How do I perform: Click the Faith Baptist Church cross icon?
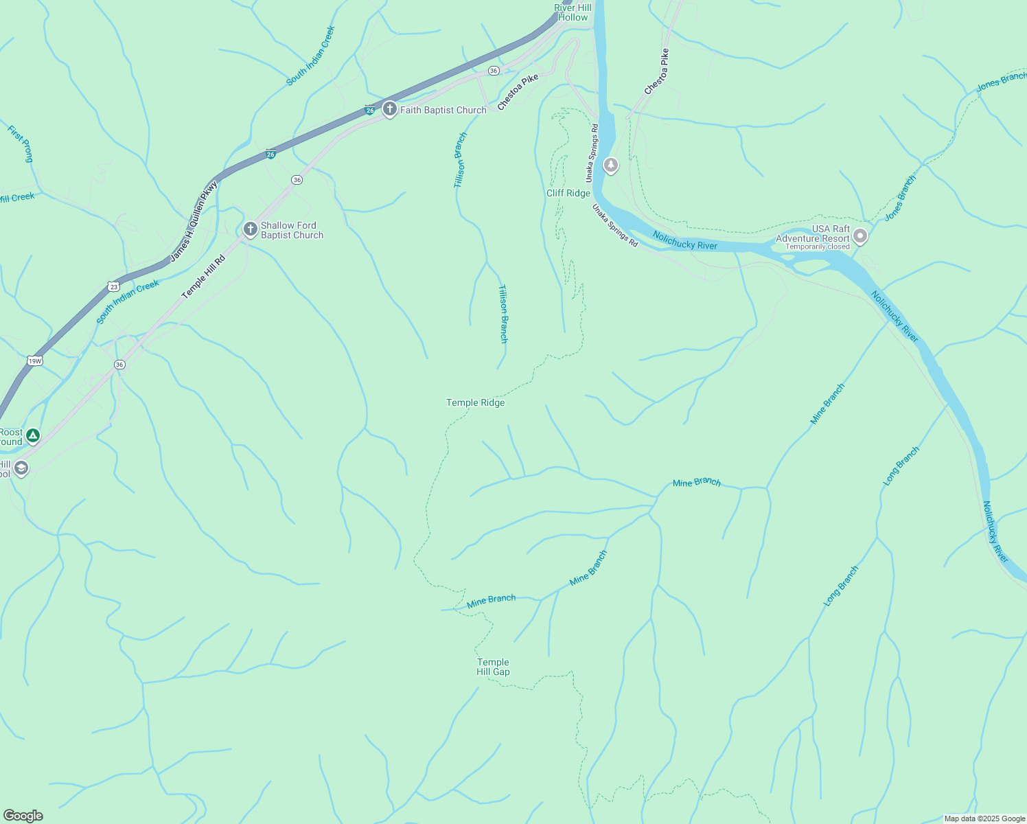[x=389, y=109]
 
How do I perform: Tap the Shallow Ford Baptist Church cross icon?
[x=251, y=229]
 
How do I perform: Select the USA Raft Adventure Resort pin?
[x=860, y=237]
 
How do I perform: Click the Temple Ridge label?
[x=475, y=402]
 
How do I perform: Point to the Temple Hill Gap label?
[x=493, y=667]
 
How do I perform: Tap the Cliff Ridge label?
[x=568, y=193]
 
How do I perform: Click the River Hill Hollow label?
[x=573, y=12]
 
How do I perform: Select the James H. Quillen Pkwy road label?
[x=194, y=220]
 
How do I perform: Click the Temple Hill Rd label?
[x=203, y=277]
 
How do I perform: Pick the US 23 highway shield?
[x=113, y=286]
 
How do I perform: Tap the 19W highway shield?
[x=34, y=360]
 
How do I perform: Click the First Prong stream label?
[x=21, y=144]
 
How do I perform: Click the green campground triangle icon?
[x=32, y=435]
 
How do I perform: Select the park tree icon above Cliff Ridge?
[x=610, y=165]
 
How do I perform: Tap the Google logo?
[x=23, y=816]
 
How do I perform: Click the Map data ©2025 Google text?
[x=984, y=819]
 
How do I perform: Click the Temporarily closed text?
[x=817, y=247]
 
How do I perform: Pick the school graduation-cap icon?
[x=21, y=468]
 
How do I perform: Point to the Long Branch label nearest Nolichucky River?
[x=901, y=466]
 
